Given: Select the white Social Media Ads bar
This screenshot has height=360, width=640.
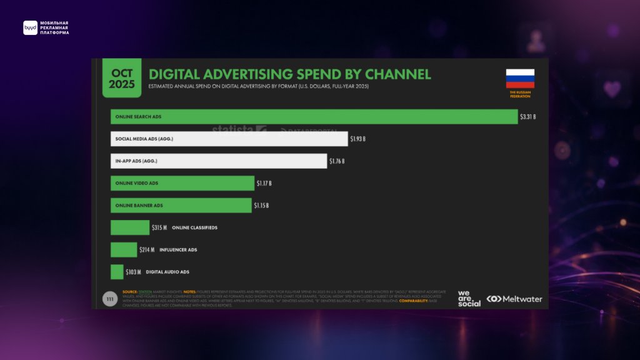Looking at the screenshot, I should [229, 139].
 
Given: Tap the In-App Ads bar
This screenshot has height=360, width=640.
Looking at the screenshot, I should [219, 161].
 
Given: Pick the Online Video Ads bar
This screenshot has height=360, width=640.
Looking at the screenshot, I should [182, 183].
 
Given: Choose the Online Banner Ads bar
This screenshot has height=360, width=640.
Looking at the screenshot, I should [181, 206].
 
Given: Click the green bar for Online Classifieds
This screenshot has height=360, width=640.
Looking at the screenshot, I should [130, 227].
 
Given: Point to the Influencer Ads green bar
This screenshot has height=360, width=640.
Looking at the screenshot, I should [124, 250].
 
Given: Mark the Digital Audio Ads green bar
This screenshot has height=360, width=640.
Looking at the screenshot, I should [117, 272].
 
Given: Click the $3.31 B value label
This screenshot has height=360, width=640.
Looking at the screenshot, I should [528, 117].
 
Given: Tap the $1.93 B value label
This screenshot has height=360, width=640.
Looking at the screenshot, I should [357, 139].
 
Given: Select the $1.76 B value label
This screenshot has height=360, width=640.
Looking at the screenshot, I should [336, 161].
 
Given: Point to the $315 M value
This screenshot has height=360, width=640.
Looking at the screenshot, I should [159, 227].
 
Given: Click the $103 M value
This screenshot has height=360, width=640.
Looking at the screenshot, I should [133, 272].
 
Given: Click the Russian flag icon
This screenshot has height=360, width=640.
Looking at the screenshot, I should [520, 78].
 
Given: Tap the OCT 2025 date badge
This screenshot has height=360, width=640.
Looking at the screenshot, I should [122, 79].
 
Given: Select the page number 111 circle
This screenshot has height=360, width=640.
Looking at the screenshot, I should [110, 299].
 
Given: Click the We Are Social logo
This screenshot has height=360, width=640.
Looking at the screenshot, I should [469, 298].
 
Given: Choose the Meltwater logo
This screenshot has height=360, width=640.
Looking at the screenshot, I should [514, 299].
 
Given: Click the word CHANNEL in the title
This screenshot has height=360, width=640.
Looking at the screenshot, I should [393, 74].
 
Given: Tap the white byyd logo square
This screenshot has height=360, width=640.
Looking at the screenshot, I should [30, 27].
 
